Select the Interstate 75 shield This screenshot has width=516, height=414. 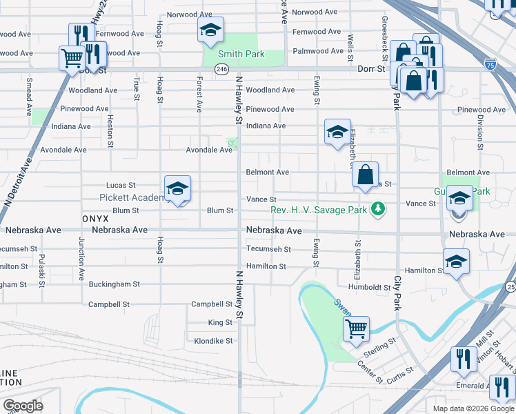point(490,64)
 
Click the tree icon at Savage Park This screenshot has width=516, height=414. point(377,208)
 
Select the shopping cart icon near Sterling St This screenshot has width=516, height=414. point(356,329)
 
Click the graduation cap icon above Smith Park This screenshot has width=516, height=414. point(211,30)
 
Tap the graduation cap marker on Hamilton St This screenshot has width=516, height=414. point(456,262)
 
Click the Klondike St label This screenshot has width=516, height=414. point(214,341)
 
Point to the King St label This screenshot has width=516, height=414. point(220,323)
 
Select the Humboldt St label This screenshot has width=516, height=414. point(369,287)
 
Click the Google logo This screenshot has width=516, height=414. point(23,405)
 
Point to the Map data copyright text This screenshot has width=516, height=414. point(473,408)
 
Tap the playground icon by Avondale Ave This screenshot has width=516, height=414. point(231,144)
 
